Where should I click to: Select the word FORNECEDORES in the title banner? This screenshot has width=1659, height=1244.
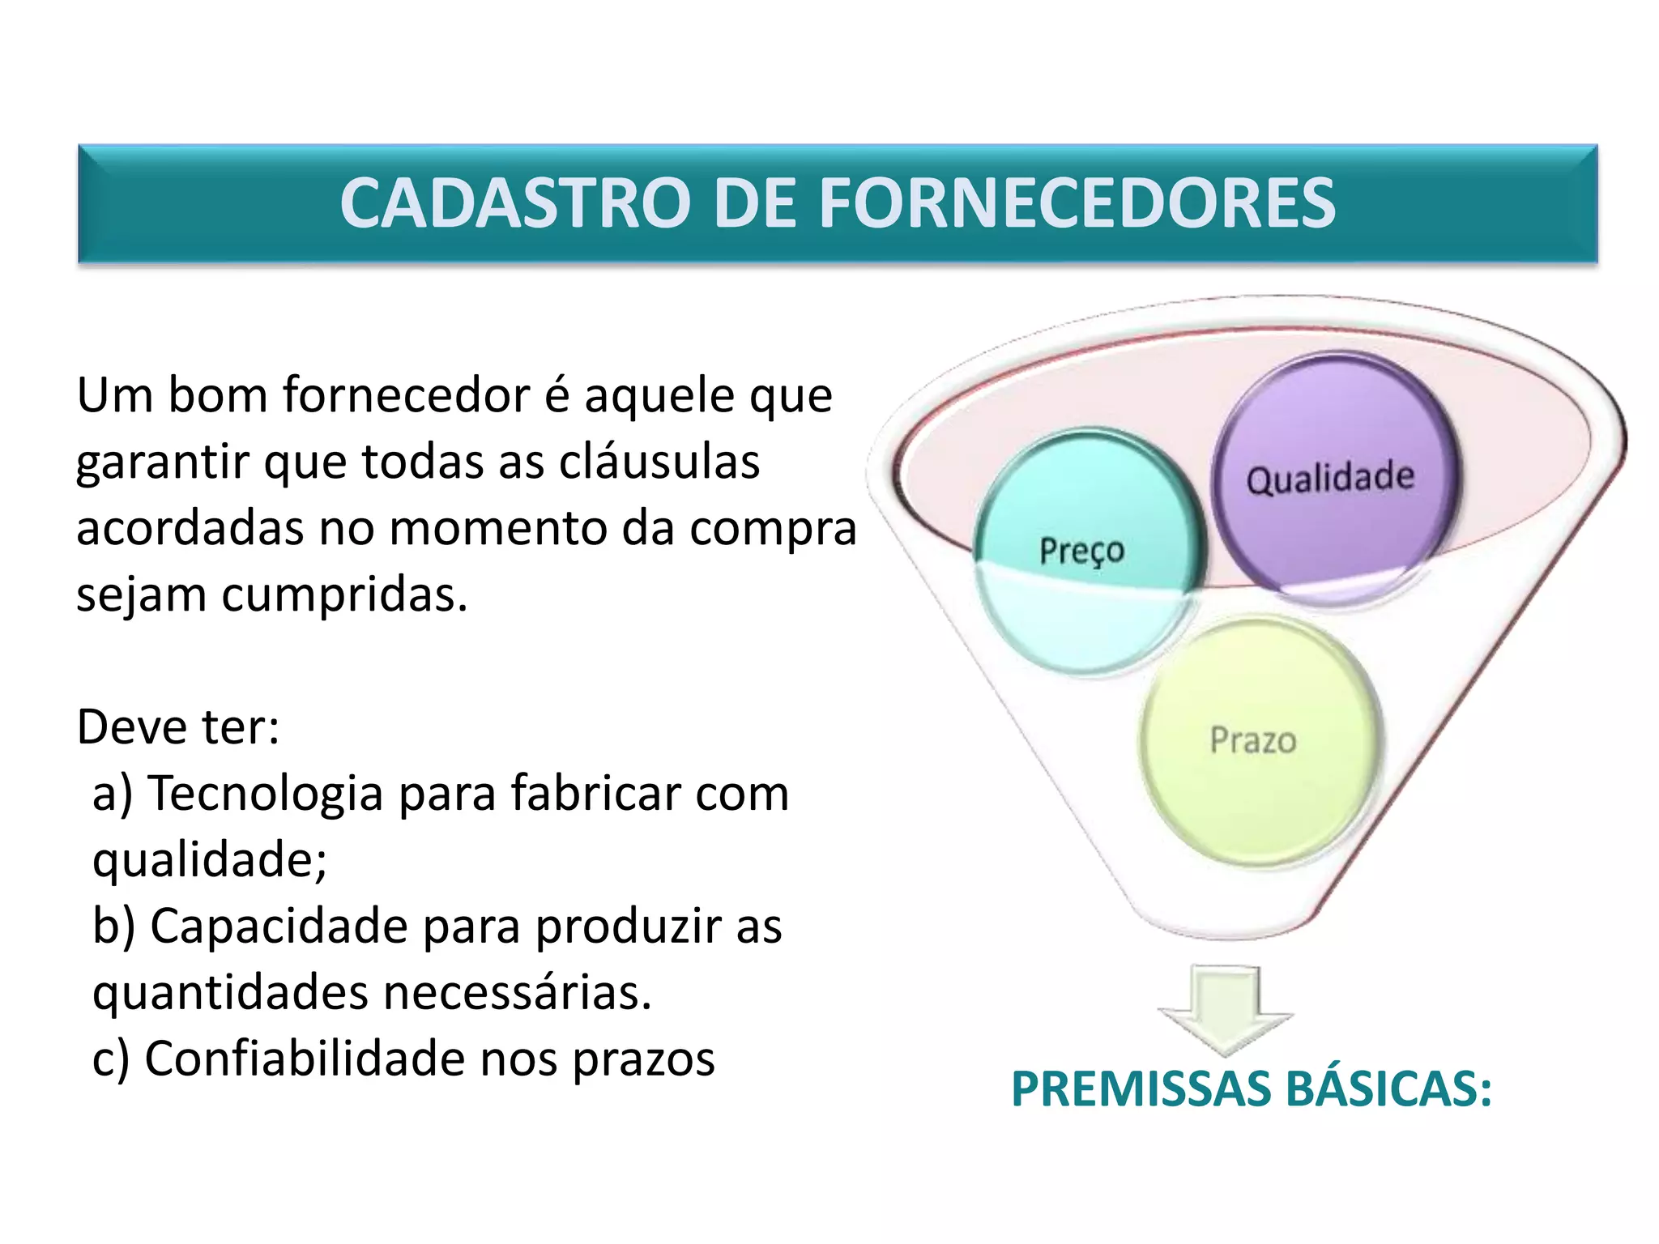coord(1077,203)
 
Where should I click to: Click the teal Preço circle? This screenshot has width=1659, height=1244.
coord(1082,551)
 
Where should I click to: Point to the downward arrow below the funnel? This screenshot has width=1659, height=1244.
coord(1225,1008)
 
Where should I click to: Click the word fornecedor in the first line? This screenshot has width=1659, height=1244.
coord(406,396)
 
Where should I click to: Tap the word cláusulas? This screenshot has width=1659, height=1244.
coord(659,462)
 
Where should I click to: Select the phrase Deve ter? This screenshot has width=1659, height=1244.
coord(178,726)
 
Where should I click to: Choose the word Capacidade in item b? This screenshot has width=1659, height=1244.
coord(279,926)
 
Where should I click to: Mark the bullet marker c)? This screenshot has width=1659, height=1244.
coord(110,1060)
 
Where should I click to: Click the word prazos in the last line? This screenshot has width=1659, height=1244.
coord(643,1060)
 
